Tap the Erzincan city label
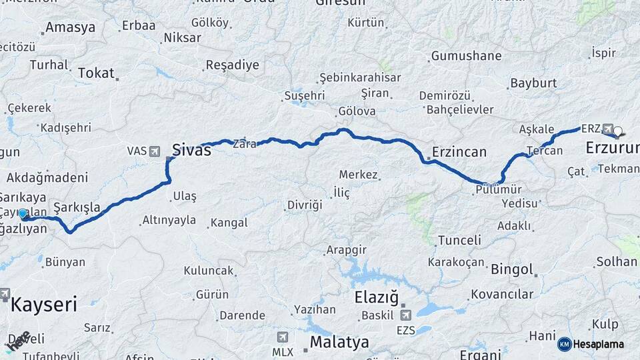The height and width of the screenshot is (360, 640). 459,151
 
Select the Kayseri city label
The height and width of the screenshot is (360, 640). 44,305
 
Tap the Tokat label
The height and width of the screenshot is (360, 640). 96,73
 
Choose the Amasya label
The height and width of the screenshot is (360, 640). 69,28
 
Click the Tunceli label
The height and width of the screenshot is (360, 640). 459,240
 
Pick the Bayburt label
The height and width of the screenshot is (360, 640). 533,83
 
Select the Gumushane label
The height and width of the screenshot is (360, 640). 466,56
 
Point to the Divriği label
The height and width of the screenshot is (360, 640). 304,205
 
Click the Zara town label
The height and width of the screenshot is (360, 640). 244,143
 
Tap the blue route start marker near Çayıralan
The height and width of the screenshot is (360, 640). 23,214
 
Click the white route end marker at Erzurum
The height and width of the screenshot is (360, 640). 617,131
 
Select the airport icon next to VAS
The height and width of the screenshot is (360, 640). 155,151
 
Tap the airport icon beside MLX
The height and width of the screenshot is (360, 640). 283,337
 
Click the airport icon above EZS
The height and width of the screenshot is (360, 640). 405,315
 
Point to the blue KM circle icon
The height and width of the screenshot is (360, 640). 564,344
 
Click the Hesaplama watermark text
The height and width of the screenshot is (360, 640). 599,344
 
